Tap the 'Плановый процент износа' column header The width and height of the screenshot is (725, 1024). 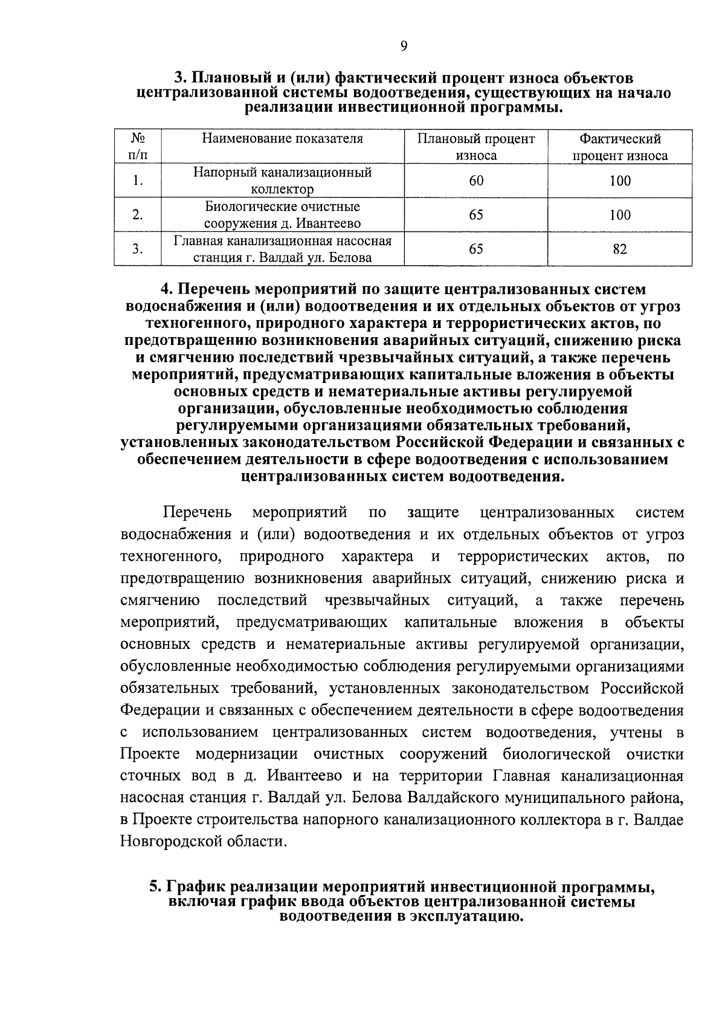pos(475,147)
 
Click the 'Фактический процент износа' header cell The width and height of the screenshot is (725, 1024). pos(620,147)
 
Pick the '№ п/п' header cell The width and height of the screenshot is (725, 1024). pos(138,147)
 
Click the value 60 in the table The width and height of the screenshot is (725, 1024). pos(475,181)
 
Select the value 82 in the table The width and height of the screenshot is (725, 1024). pos(620,249)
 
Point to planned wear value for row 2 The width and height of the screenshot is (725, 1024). pos(475,215)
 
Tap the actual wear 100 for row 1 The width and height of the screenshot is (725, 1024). pos(620,181)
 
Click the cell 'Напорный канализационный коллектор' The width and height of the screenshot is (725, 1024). pos(282,181)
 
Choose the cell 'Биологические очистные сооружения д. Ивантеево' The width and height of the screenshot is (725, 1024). pos(282,215)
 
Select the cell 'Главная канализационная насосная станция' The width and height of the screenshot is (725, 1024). pos(282,249)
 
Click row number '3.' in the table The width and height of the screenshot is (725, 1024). pos(138,249)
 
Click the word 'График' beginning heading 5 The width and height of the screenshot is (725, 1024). pos(195,887)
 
